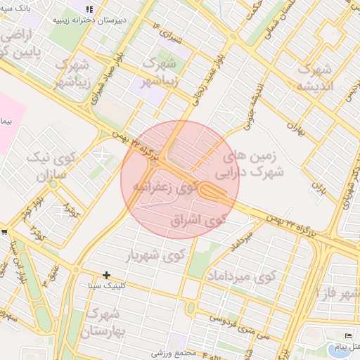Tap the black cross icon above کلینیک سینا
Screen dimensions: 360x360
106,275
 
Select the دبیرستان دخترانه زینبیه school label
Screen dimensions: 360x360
89,20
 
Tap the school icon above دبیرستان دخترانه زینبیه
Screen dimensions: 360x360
89,9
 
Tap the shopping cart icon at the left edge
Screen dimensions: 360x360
4,231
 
